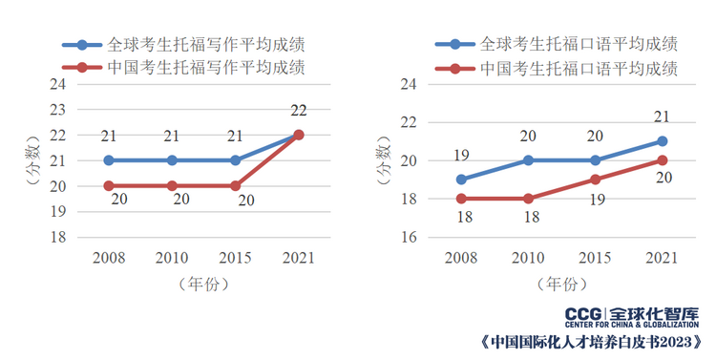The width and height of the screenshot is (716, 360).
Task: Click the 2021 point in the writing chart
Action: (x=298, y=135)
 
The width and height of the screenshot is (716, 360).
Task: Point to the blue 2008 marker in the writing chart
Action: (x=109, y=160)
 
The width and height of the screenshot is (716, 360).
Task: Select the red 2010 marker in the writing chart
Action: (x=172, y=185)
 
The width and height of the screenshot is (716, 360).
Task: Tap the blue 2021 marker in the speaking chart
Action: (x=662, y=141)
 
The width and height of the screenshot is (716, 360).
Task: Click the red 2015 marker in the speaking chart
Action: (x=595, y=180)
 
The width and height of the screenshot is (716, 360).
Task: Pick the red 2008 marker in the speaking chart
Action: (x=461, y=199)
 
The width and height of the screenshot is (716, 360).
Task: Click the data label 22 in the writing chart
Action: (x=298, y=111)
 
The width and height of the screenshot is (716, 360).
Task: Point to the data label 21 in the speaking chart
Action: (x=661, y=117)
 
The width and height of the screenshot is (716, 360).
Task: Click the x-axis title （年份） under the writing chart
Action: (x=203, y=284)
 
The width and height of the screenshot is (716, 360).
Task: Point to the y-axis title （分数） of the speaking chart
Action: (x=383, y=161)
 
